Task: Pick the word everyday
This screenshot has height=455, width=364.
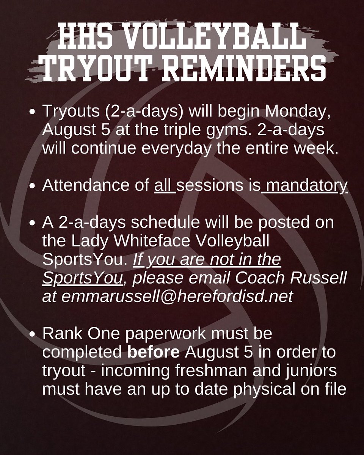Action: (180, 149)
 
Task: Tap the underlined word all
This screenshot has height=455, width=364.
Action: (164, 186)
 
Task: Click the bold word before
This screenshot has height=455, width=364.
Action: (153, 352)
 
